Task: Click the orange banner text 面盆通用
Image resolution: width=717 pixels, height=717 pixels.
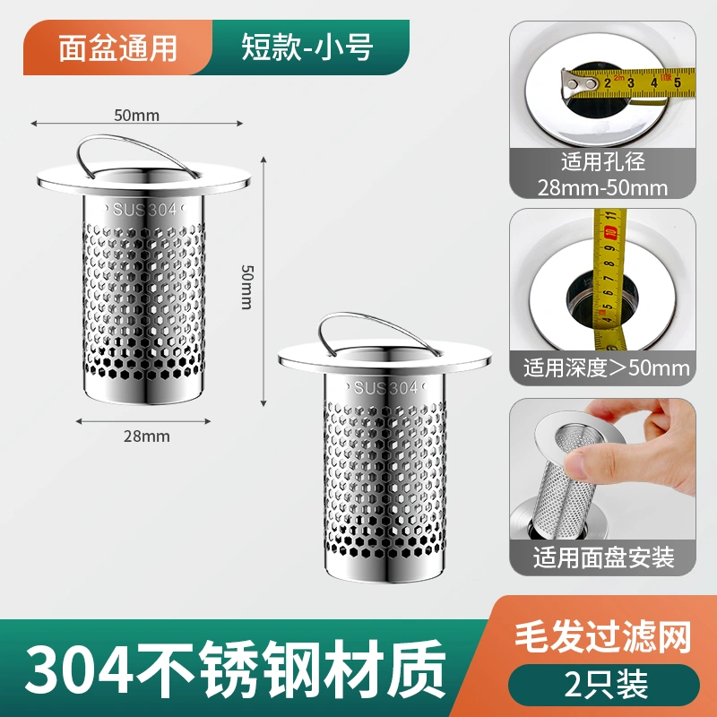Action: (117, 48)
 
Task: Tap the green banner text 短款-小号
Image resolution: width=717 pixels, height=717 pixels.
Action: (307, 48)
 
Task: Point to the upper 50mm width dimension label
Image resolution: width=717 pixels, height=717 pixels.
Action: (137, 116)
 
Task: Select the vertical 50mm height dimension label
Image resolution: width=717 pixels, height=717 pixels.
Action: (247, 287)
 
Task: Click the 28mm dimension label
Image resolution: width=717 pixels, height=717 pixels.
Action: (146, 436)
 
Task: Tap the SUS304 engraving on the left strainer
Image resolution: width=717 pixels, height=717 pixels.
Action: (144, 210)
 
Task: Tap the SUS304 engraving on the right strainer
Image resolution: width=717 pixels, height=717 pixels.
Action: (385, 388)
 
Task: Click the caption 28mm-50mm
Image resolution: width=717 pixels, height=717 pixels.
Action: (602, 188)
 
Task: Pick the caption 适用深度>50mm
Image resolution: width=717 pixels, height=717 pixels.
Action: (607, 368)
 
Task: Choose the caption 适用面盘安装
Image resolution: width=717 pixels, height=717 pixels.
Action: (603, 557)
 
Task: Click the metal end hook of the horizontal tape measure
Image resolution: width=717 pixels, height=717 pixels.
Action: (577, 83)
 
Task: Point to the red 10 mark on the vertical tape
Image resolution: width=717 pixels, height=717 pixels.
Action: (609, 231)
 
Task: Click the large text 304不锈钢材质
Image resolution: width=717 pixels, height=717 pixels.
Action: (235, 668)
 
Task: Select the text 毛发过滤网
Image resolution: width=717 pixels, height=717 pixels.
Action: (603, 636)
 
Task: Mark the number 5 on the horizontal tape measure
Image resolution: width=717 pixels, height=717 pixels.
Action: (678, 82)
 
